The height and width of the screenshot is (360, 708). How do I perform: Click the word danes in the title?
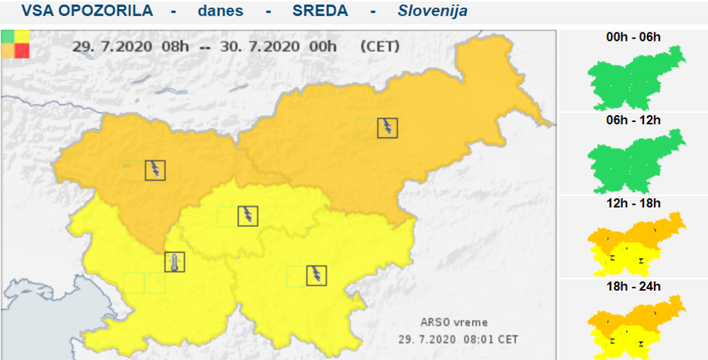(221, 11)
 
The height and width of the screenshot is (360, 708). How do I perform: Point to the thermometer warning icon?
(175, 262)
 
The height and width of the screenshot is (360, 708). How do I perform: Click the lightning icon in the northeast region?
(388, 128)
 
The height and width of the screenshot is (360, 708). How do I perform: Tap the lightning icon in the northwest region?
(155, 170)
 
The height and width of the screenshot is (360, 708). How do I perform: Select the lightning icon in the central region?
(248, 216)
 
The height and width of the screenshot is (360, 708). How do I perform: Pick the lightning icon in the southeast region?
(316, 276)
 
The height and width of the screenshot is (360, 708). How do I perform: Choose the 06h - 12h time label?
(633, 120)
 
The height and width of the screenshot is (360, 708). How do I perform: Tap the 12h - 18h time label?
(633, 203)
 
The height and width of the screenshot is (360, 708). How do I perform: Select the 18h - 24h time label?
(633, 287)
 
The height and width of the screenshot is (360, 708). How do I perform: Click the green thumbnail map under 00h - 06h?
(637, 76)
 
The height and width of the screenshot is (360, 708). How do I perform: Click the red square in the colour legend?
(22, 50)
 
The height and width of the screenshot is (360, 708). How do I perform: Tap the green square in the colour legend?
(8, 36)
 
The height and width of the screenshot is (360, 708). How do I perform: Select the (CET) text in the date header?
(380, 46)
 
